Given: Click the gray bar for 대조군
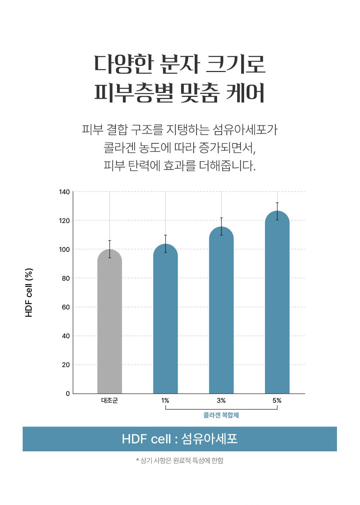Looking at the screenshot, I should click(x=109, y=324).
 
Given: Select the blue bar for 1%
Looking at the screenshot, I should click(x=165, y=321).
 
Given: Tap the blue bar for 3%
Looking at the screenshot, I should click(x=221, y=313).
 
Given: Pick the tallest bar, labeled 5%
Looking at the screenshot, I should click(x=277, y=306).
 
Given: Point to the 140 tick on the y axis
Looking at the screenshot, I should click(x=64, y=192).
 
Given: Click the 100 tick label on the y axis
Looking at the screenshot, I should click(x=64, y=249).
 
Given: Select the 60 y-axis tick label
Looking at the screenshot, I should click(x=66, y=307).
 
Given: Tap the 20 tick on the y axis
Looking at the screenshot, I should click(x=66, y=365).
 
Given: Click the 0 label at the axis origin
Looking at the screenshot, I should click(x=68, y=394).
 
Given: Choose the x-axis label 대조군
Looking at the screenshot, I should click(x=109, y=401).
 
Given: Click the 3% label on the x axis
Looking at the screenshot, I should click(x=221, y=401).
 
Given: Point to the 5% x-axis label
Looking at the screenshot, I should click(x=277, y=401).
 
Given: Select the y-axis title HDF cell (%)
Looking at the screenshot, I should click(x=29, y=293).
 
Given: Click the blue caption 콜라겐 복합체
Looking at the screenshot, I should click(x=221, y=415).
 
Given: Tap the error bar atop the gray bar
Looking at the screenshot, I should click(x=109, y=249).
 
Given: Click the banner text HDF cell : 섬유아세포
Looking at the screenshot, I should click(x=180, y=439).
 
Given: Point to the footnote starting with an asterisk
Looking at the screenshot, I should click(x=180, y=460).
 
